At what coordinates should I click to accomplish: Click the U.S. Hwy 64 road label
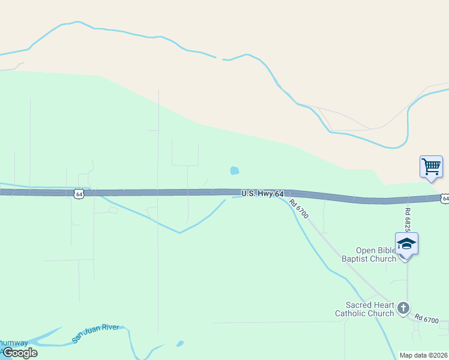click(262, 194)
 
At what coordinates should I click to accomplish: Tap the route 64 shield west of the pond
click(79, 193)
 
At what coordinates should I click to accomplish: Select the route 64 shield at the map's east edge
click(445, 198)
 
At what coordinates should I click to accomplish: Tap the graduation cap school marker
click(406, 243)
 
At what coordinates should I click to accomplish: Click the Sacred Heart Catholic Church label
click(364, 309)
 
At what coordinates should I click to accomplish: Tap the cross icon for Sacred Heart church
click(403, 308)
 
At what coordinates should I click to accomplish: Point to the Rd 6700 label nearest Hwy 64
click(298, 209)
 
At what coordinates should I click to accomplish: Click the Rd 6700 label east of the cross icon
click(427, 320)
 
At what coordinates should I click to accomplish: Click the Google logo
click(19, 353)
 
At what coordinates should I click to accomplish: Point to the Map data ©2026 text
click(424, 355)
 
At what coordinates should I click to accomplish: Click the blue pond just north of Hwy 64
click(235, 171)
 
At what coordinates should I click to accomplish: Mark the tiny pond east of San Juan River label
click(179, 344)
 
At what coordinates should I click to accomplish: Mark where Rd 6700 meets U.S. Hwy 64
click(287, 194)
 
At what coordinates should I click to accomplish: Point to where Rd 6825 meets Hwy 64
click(408, 199)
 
